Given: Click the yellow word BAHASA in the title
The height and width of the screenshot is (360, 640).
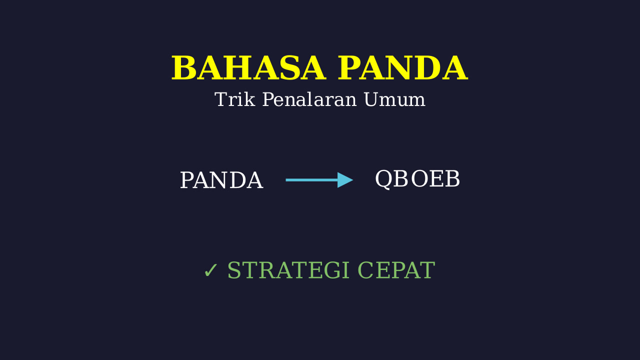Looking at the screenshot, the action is point(248,68).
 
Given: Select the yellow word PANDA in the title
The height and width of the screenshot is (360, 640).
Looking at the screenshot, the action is point(402,68).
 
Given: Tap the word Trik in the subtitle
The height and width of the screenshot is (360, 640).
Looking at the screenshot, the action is point(234,99).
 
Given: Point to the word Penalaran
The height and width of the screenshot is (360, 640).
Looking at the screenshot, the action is point(309,99).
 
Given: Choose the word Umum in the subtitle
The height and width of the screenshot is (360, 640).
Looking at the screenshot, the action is point(394,99).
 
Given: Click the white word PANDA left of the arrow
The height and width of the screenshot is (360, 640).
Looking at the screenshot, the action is point(221,180).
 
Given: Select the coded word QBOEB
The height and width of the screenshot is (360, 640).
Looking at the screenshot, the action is point(417,179).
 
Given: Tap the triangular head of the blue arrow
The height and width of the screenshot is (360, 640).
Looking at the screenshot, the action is point(345,180).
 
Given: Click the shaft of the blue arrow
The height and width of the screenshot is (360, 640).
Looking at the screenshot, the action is point(311,180).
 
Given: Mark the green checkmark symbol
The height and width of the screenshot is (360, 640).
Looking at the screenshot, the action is point(210,270).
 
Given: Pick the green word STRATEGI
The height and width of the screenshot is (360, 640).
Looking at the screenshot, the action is point(288,270).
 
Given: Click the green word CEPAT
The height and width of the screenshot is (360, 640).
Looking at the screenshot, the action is point(396,270).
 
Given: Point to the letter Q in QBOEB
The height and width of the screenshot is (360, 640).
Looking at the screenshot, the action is point(383,179).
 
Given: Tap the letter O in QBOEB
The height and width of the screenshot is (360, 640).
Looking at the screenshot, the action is point(419,179).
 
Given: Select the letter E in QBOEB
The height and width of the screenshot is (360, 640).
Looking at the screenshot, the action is point(436,179).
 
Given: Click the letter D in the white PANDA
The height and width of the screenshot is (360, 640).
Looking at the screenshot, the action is point(237,180).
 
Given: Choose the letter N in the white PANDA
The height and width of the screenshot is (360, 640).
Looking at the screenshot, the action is point(219,180).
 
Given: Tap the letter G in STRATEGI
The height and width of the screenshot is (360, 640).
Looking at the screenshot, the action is point(333,270).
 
